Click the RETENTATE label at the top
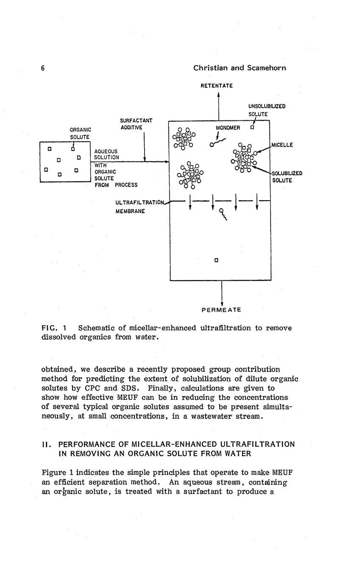216,86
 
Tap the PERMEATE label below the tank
221,310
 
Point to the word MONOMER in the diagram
228,128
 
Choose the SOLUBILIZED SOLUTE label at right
287,177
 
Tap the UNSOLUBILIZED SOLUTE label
266,110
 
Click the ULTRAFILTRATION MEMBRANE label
139,206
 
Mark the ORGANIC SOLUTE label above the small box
80,133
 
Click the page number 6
43,68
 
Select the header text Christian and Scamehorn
239,68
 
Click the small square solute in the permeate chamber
216,260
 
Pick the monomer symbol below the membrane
223,215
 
